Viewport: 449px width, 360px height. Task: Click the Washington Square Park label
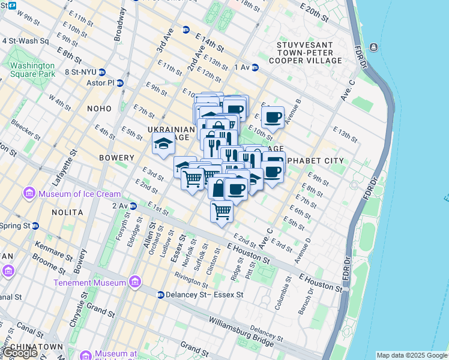coord(32,70)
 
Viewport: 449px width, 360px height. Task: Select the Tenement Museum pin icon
coord(135,282)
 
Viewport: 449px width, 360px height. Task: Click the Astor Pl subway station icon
coord(120,83)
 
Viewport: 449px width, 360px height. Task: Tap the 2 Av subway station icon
coord(134,206)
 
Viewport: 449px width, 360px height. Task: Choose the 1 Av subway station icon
coord(255,68)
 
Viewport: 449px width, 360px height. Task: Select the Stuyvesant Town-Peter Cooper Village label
coord(309,53)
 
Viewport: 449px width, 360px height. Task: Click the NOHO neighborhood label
coord(100,109)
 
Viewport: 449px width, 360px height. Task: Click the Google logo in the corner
coord(19,353)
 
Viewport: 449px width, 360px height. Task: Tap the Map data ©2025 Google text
coord(412,355)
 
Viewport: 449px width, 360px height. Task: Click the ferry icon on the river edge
coord(373,47)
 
